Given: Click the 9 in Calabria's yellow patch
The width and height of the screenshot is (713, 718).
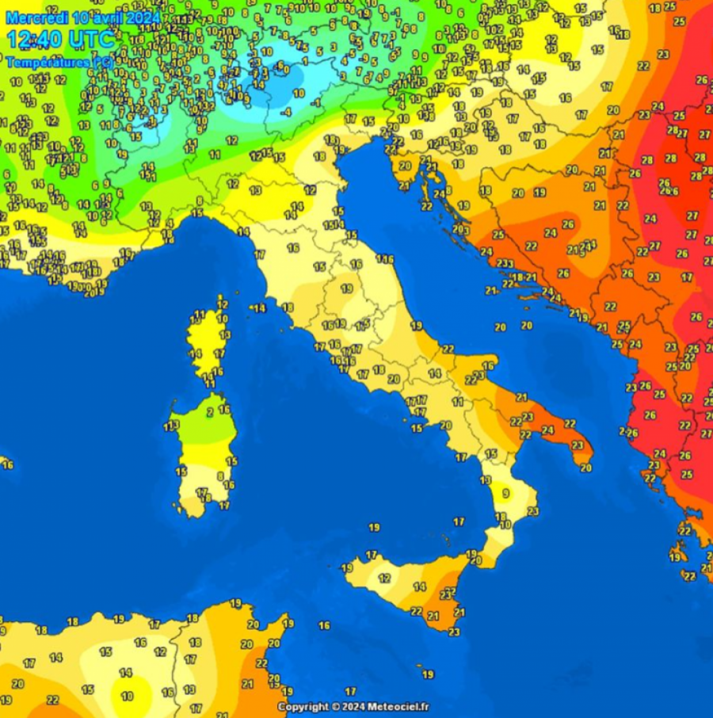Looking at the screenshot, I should tap(505, 493).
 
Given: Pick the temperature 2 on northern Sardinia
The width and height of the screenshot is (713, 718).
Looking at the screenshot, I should tap(209, 412).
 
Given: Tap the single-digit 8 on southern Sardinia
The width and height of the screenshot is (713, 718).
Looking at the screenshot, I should tap(220, 476).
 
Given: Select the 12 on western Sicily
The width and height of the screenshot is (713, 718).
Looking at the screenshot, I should tap(385, 579).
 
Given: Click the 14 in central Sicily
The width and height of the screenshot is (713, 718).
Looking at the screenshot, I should tap(420, 587).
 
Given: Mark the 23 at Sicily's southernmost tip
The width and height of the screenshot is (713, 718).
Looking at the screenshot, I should tap(454, 632).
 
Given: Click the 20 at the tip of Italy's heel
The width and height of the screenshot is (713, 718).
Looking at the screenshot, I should tap(585, 468).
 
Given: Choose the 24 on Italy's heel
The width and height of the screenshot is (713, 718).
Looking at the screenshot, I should tap(547, 430).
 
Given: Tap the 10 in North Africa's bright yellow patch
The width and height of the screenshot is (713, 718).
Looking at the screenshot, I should tap(127, 696).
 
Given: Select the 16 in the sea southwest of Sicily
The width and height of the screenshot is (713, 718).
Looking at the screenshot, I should tap(324, 625).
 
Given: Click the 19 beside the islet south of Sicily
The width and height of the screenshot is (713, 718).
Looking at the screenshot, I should tap(427, 674).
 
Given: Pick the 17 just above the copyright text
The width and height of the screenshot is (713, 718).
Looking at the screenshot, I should tap(350, 691).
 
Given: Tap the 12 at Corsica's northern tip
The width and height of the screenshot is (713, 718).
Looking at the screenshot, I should tap(222, 304).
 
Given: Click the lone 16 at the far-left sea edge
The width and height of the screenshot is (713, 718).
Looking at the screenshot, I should tap(8, 464).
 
